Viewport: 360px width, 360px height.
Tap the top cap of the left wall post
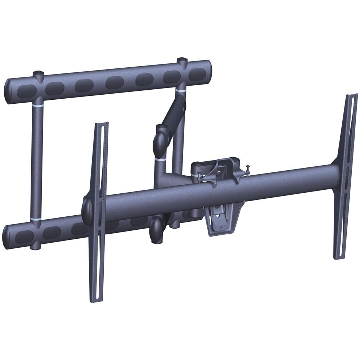38,74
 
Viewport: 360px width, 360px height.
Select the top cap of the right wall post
182,60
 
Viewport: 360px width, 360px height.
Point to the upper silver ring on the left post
37,106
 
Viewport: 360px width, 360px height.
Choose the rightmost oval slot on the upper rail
197,74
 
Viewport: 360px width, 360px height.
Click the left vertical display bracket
98,212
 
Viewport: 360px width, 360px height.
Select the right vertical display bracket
345,176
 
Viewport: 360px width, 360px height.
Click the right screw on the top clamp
248,168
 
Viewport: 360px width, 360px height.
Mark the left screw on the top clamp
199,176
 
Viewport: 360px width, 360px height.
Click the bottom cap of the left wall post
35,246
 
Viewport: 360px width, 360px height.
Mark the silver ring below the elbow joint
161,159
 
